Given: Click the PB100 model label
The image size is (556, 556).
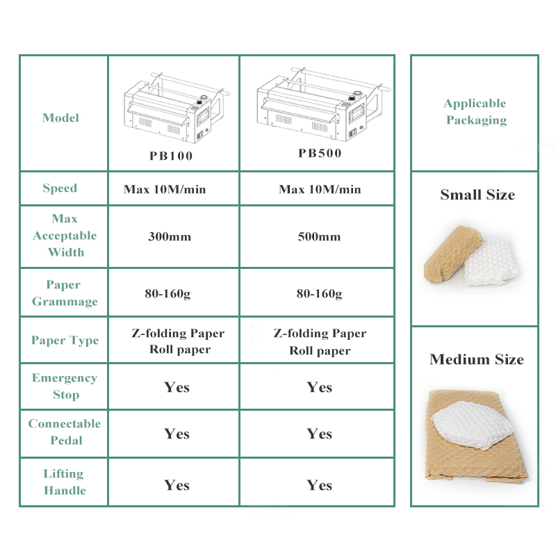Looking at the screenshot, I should click(171, 156).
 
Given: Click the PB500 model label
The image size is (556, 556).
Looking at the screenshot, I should click(320, 153).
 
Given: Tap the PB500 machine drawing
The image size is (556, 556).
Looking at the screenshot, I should click(319, 105).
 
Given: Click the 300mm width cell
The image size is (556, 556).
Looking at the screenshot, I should click(169, 236).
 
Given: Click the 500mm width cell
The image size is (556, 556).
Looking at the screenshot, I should click(319, 236).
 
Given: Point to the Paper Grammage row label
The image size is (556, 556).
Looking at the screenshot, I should click(64, 293).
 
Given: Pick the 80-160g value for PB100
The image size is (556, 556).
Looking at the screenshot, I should click(169, 293).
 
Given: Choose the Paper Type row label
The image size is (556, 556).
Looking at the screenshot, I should click(65, 341).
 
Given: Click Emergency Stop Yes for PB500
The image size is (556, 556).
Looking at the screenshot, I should click(319, 387).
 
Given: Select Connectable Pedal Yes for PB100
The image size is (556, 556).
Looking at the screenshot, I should click(177, 434).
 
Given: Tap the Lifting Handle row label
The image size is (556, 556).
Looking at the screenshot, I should click(64, 482).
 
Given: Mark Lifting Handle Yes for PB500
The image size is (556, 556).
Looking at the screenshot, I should click(319, 484).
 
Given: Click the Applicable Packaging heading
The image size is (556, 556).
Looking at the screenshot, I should click(475, 112).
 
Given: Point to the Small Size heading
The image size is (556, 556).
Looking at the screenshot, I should click(477, 195).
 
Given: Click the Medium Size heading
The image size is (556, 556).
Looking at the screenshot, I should click(477, 359).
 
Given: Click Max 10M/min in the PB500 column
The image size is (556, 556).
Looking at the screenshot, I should click(320, 189).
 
